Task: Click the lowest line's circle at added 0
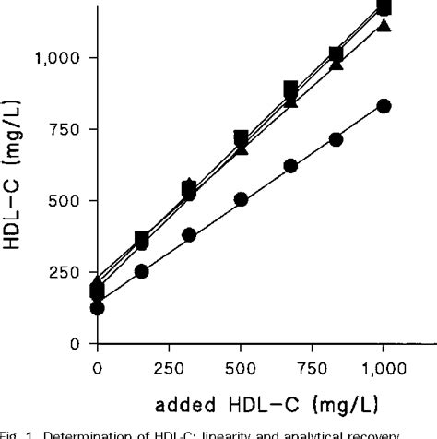[98, 308]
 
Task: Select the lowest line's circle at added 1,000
[384, 106]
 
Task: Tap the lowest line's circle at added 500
[242, 199]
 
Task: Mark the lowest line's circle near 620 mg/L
[291, 166]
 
